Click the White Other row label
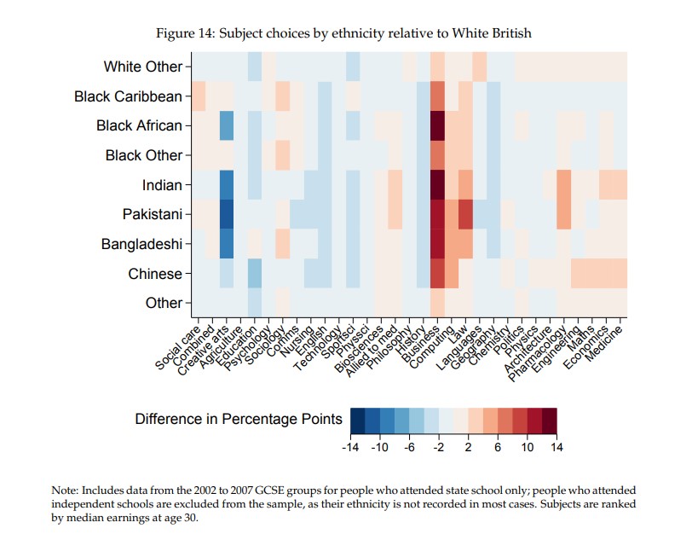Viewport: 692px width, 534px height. pos(142,67)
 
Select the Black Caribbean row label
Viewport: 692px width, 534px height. pos(128,96)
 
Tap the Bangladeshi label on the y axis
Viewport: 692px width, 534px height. pos(141,244)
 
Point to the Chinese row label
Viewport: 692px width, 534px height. pos(155,274)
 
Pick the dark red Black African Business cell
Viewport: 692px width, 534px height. pos(438,125)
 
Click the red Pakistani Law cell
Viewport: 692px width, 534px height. pos(465,214)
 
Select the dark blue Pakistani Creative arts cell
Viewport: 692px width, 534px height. pos(227,214)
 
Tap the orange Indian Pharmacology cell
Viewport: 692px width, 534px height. pos(563,184)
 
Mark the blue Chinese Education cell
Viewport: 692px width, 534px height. pos(255,274)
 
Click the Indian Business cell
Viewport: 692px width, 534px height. pos(438,184)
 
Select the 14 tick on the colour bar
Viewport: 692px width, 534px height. pos(556,447)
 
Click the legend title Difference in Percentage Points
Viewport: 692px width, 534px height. pos(239,419)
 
